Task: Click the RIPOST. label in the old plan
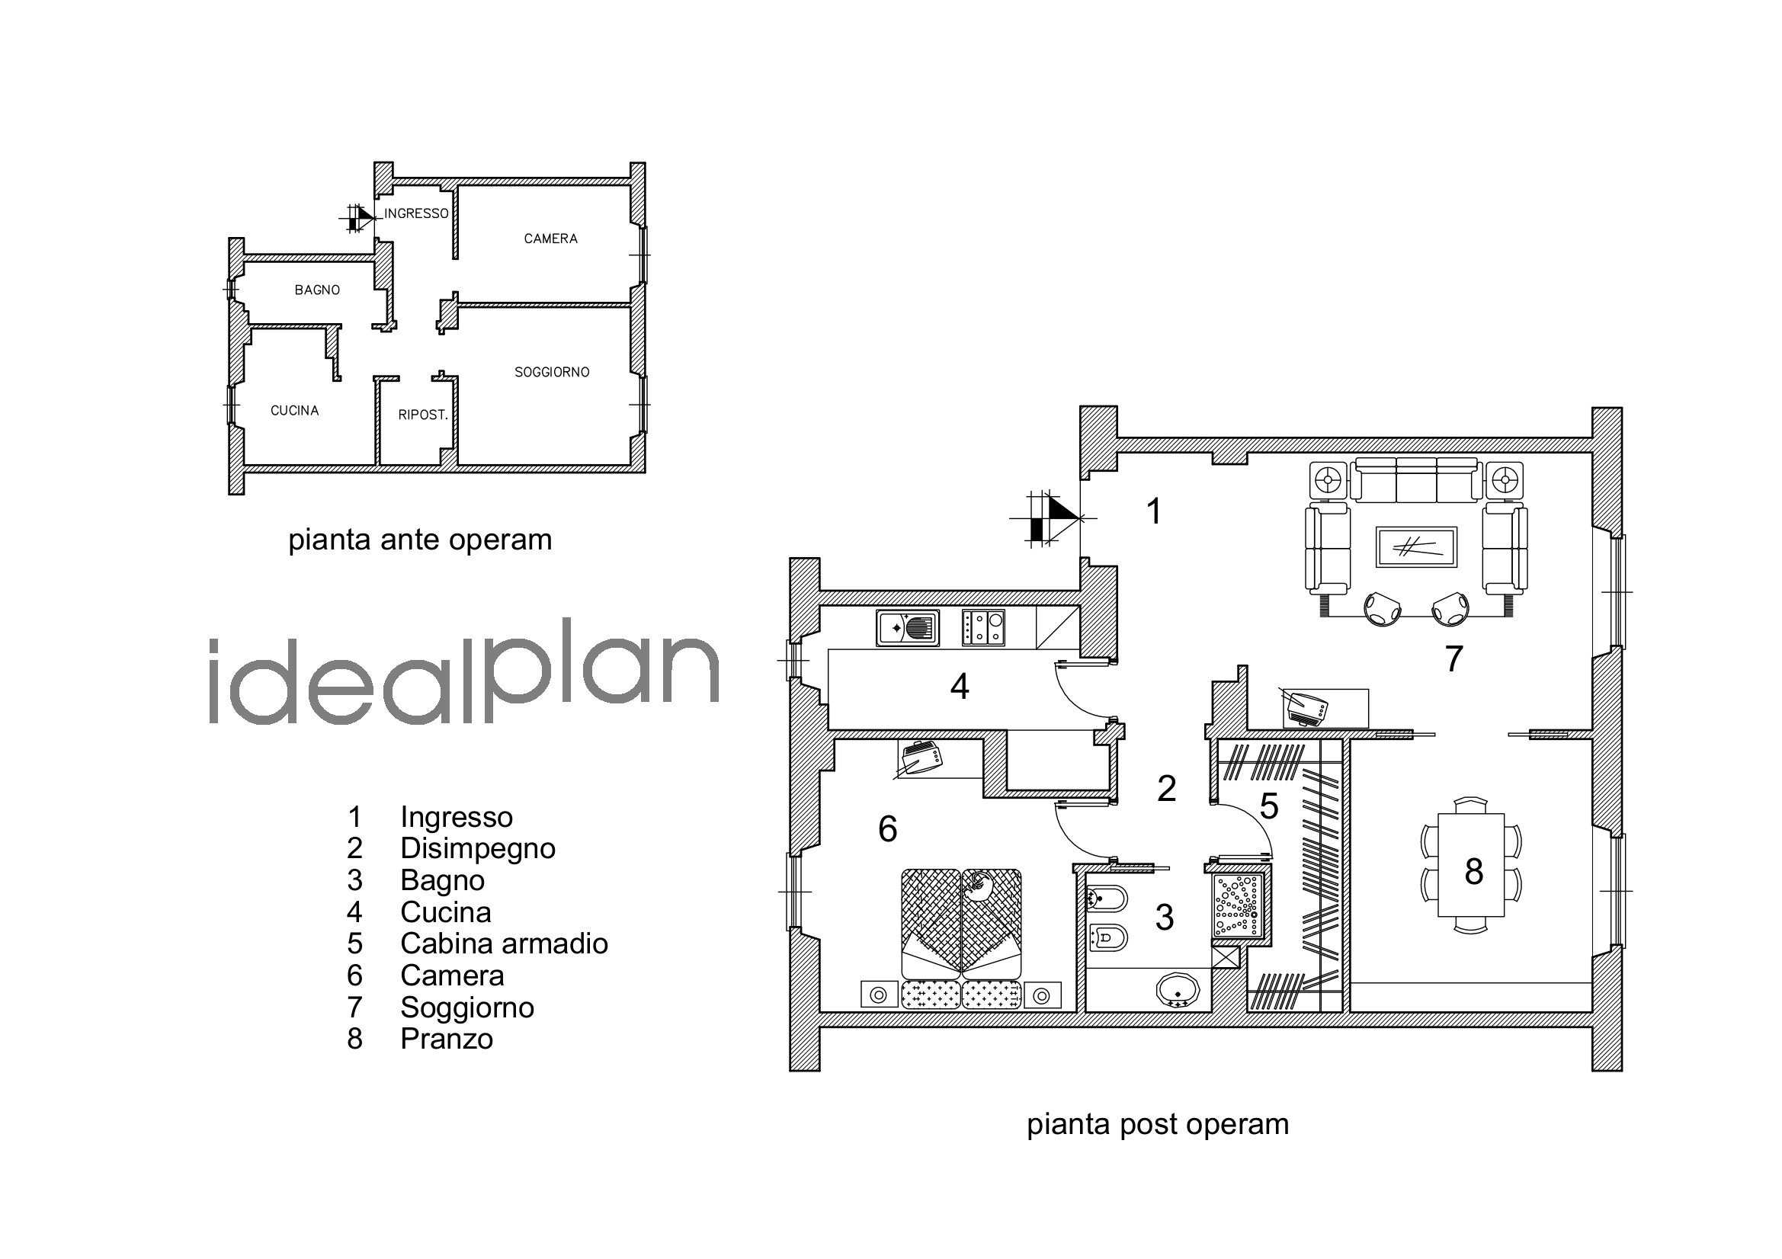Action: (x=423, y=415)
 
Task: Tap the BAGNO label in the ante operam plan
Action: (x=317, y=290)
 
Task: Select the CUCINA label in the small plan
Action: (x=295, y=411)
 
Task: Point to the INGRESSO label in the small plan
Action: (x=417, y=213)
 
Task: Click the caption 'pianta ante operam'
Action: (x=420, y=540)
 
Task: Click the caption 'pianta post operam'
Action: (x=1158, y=1124)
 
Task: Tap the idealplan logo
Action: (x=464, y=672)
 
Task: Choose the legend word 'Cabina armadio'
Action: (x=505, y=943)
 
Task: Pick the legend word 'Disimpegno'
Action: (x=478, y=849)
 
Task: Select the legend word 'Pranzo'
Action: (x=447, y=1040)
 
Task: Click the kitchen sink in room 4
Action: (x=908, y=628)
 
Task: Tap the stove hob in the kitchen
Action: (x=983, y=628)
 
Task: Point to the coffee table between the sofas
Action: (x=1416, y=547)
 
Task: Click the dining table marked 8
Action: (x=1472, y=865)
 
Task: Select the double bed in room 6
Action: (x=962, y=924)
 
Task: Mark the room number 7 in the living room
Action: (x=1453, y=659)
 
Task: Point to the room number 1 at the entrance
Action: (x=1154, y=511)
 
